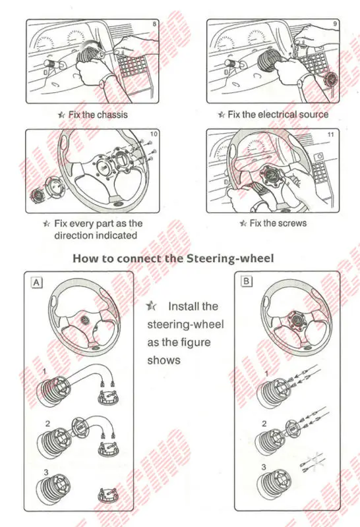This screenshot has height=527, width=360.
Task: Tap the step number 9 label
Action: pos(336,26)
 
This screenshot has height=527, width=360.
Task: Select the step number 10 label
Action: pos(154,134)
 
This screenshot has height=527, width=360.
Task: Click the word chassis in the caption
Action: pos(113,115)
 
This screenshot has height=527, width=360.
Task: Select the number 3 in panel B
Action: pos(264,467)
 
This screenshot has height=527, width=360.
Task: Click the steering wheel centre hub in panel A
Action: pos(86,319)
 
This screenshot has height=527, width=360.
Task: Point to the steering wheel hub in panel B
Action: pos(297,318)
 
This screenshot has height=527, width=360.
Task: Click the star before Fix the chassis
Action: pos(62,115)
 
